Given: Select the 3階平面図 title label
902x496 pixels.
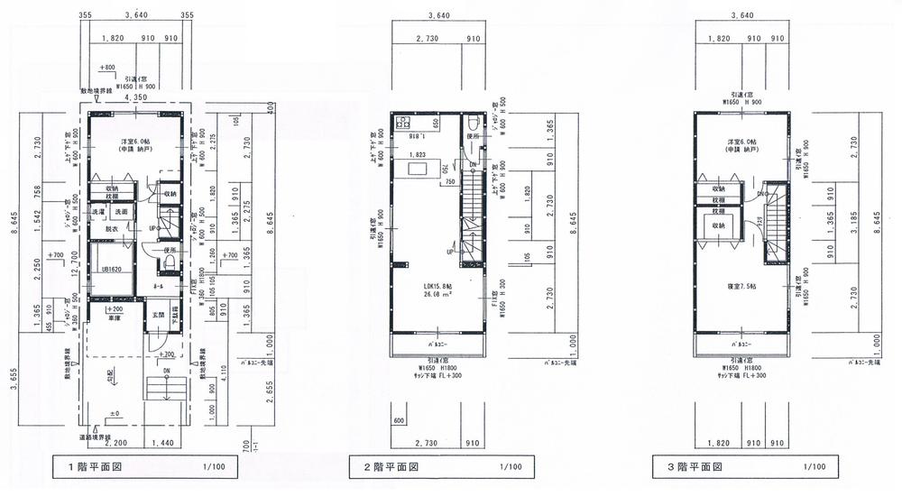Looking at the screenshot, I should pyautogui.click(x=689, y=467).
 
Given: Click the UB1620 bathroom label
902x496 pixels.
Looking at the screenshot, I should pyautogui.click(x=111, y=269).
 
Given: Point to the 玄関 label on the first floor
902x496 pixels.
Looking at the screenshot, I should pyautogui.click(x=159, y=314).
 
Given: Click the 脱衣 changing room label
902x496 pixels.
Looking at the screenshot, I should pyautogui.click(x=113, y=231).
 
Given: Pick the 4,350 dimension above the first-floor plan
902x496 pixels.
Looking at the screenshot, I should pyautogui.click(x=136, y=98).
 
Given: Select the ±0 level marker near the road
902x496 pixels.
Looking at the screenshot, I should pyautogui.click(x=114, y=414).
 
